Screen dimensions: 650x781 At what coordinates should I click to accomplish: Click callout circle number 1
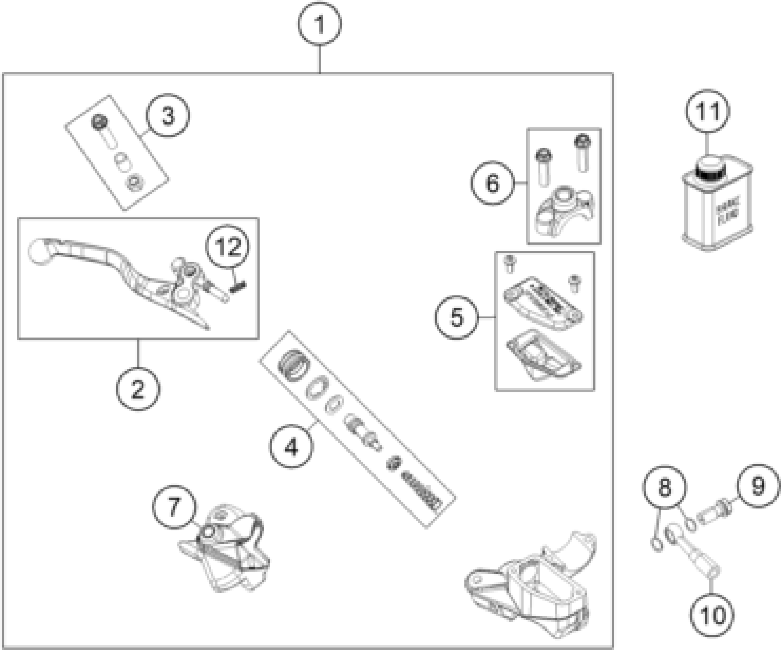pos(319,24)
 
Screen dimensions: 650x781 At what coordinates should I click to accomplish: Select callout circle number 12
pos(228,247)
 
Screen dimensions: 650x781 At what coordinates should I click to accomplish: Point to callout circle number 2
pos(138,388)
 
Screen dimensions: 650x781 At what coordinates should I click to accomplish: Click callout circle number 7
pos(174,507)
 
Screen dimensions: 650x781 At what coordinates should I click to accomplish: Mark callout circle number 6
pos(493,183)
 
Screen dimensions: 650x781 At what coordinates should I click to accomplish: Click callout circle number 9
pos(758,486)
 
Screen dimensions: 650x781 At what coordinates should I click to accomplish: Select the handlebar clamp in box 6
pos(565,211)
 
